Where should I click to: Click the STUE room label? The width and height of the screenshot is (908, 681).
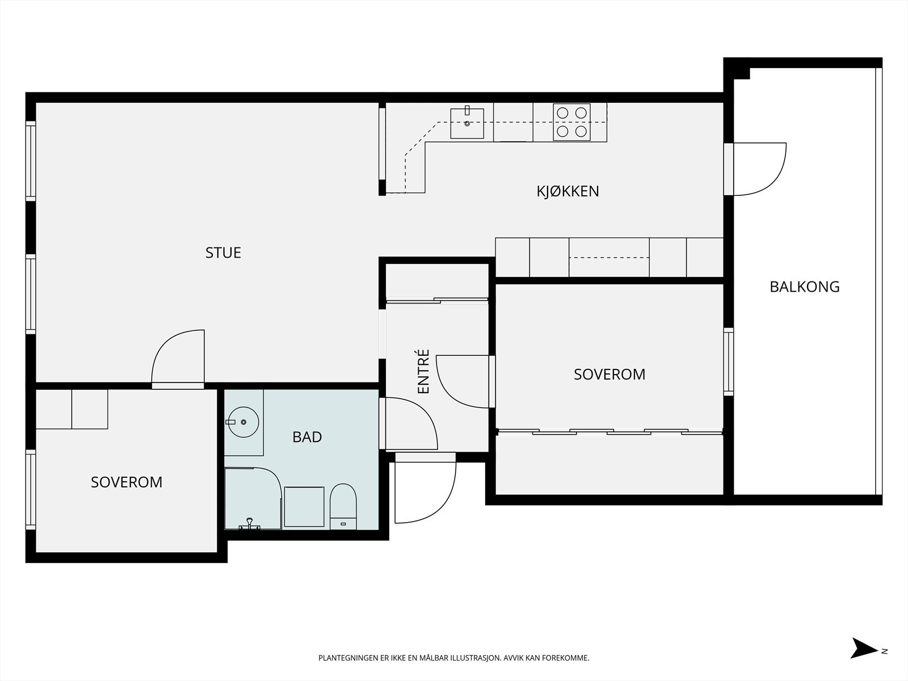(223, 253)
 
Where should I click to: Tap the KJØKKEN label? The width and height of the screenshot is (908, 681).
(567, 191)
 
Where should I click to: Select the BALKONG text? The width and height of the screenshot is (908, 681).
(805, 287)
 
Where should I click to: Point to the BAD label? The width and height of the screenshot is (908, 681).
(307, 436)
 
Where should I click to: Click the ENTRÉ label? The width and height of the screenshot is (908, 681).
(423, 371)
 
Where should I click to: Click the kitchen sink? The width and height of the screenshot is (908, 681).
(467, 123)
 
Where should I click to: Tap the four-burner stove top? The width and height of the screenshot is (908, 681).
(571, 122)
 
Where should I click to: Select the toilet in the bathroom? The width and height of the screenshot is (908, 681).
(343, 507)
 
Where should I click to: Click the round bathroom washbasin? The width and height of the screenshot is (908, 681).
(243, 422)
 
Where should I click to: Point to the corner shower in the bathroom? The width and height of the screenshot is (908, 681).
(253, 498)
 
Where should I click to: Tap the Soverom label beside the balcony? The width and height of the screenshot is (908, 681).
(609, 374)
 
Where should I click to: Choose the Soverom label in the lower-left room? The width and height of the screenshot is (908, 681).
(127, 482)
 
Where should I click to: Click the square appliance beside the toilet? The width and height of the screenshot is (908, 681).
(304, 507)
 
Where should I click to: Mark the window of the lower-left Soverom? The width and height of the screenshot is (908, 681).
(31, 490)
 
